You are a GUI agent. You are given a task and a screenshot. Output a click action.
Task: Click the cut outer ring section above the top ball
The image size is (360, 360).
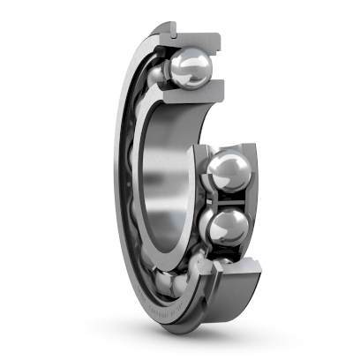tap(196, 35)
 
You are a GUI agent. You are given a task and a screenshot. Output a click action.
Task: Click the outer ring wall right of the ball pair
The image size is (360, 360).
tap(253, 199)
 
